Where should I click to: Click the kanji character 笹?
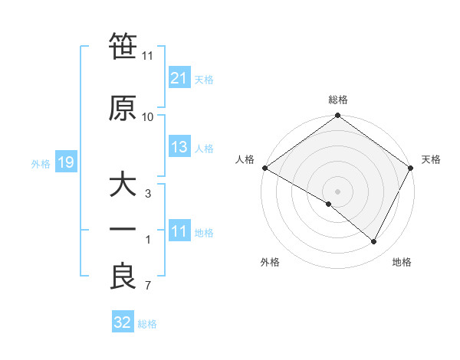pos(123,48)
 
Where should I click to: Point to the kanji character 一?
pos(123,231)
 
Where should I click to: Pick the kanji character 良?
pos(123,277)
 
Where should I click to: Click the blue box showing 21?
pos(179,78)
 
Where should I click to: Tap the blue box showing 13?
pos(179,147)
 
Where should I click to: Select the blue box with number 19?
pos(65,162)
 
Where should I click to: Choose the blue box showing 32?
pos(123,322)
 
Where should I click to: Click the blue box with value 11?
pos(179,231)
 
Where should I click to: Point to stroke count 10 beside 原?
pos(148,116)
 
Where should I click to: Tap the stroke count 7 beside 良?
pos(147,286)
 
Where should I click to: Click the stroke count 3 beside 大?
pos(147,194)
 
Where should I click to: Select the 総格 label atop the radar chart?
pos(337,100)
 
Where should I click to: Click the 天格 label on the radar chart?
pos(431,159)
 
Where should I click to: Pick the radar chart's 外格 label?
pos(270,262)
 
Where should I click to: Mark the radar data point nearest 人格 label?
pos(264,168)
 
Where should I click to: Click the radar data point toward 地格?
pos(374,242)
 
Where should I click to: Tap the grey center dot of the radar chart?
pos(337,191)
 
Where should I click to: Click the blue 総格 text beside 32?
pos(147,324)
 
